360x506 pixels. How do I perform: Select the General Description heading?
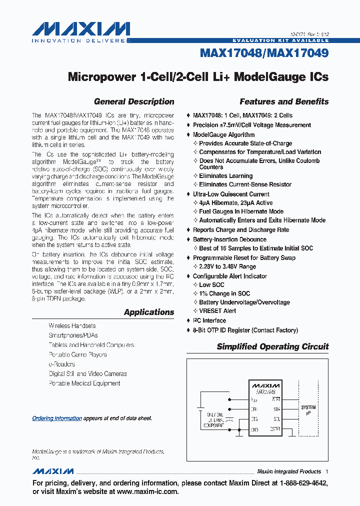tap(134, 101)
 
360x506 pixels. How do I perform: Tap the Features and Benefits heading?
tap(284, 101)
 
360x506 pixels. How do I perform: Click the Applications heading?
tap(149, 312)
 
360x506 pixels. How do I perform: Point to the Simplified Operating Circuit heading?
tap(272, 346)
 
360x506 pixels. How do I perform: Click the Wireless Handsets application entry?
tap(72, 326)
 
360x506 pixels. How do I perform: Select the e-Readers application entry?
tap(61, 364)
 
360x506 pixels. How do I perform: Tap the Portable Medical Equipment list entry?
tap(84, 383)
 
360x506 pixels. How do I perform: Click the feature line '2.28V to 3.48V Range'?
tap(227, 266)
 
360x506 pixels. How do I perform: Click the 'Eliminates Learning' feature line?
tap(225, 176)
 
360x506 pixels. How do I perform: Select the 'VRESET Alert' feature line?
tap(217, 311)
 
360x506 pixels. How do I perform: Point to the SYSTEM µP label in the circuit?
tap(308, 410)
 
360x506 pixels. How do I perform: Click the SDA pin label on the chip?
tap(276, 409)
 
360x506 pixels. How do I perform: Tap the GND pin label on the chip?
tap(254, 429)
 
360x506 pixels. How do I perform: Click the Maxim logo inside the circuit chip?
tap(265, 386)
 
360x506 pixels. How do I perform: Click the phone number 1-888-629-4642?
tap(298, 483)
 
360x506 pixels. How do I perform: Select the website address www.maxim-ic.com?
tap(147, 491)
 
